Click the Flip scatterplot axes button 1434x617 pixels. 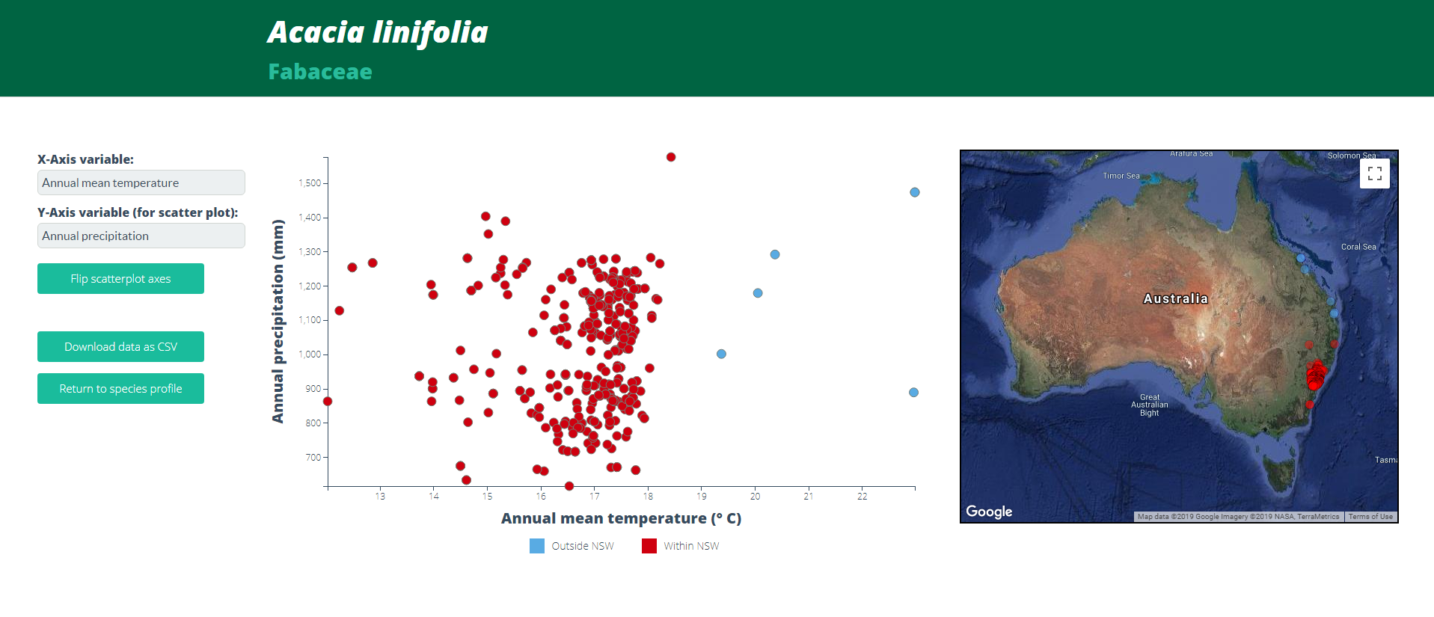(120, 278)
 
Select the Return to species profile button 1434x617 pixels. (120, 388)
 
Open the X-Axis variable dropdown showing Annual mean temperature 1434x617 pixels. (141, 182)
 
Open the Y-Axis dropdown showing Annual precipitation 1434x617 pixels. (141, 236)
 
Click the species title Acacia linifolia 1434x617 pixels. (378, 32)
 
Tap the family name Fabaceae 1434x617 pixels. (320, 72)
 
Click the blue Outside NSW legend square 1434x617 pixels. (537, 546)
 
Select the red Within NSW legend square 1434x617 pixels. (649, 546)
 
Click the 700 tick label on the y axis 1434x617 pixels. (313, 457)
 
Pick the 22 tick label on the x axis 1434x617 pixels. (862, 496)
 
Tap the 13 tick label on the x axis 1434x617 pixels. (380, 496)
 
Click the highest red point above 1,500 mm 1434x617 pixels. (671, 157)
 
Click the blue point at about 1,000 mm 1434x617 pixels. (721, 354)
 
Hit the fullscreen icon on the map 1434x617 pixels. (1374, 174)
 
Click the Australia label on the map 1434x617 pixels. (1175, 298)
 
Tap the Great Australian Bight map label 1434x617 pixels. (1149, 405)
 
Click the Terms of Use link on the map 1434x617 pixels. (1370, 516)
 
